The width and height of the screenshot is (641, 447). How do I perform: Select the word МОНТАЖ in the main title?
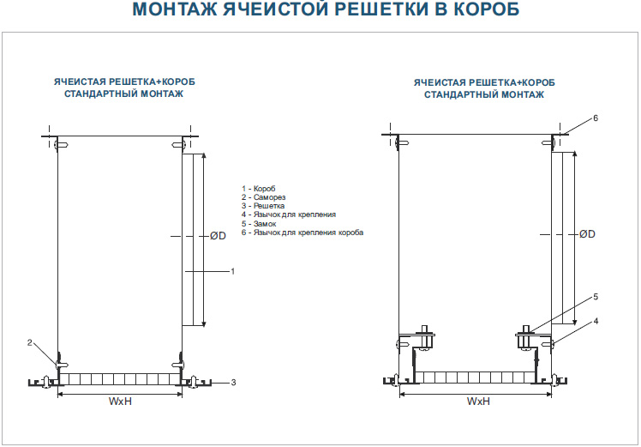(x=175, y=9)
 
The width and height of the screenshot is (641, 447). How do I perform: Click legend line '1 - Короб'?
(x=259, y=189)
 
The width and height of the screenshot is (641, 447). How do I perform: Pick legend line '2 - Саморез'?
(x=263, y=197)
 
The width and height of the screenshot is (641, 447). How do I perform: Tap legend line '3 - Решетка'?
(x=263, y=206)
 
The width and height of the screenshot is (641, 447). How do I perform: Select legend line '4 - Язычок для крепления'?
(x=289, y=214)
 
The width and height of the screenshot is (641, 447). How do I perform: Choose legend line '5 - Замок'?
(x=258, y=224)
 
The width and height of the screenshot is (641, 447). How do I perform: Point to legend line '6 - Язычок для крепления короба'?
(x=303, y=233)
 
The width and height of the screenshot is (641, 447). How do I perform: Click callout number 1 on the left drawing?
(x=232, y=271)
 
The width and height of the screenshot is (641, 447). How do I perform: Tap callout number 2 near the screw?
(x=29, y=343)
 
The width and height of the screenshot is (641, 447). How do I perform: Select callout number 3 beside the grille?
(x=233, y=383)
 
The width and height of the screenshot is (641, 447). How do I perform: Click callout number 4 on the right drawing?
(x=596, y=322)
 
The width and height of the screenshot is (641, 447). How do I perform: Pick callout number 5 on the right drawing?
(x=596, y=297)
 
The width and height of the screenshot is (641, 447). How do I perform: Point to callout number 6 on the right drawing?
(x=596, y=118)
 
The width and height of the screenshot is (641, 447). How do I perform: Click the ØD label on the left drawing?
(x=218, y=236)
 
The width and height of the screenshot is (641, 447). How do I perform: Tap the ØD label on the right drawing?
(x=587, y=234)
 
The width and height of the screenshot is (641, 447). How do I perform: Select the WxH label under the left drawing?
(x=120, y=402)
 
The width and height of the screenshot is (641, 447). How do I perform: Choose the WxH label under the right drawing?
(x=478, y=402)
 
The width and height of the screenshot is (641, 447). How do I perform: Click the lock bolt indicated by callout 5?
(x=525, y=337)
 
